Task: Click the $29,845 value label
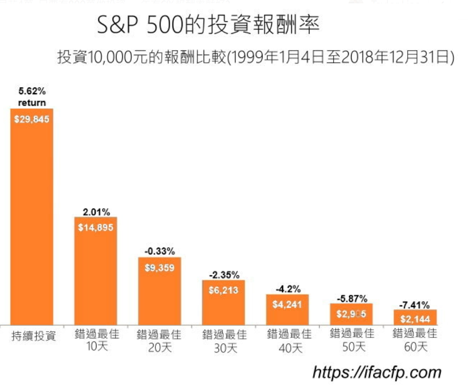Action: tap(32, 119)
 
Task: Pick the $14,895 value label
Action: tap(96, 227)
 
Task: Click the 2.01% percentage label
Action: tap(96, 213)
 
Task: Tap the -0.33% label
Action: tap(160, 252)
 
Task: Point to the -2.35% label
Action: tap(224, 275)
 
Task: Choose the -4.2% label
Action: tap(287, 289)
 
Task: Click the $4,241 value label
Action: tap(287, 305)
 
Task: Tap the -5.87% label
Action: tap(351, 298)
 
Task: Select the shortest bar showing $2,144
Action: tap(415, 318)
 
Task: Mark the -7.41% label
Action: tap(415, 305)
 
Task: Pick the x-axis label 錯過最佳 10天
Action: tap(96, 340)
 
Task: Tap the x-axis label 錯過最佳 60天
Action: tap(415, 340)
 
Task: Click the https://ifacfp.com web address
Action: tap(377, 372)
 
